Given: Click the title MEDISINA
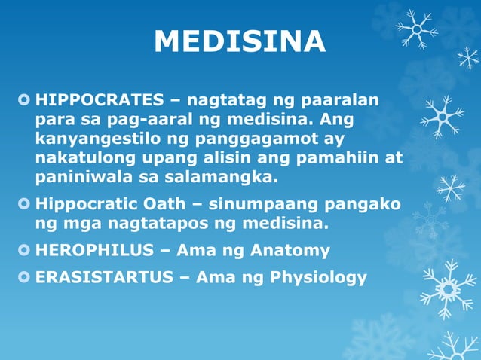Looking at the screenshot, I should (240, 42).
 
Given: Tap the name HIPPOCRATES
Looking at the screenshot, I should (100, 100).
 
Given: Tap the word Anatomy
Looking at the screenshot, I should (290, 250).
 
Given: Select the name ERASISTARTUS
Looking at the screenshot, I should (103, 276).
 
